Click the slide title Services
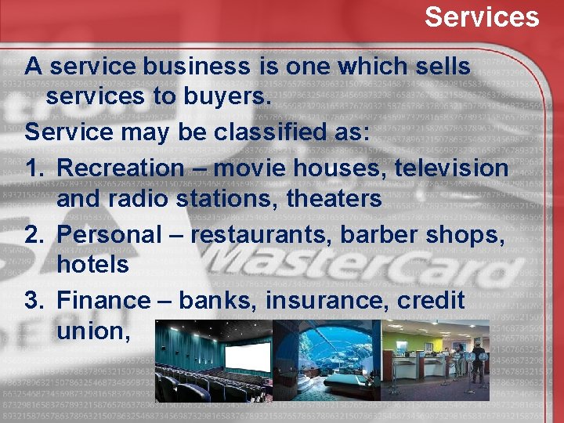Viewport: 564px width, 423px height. point(482,16)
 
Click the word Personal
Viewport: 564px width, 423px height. point(105,234)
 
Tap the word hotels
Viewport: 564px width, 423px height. point(92,265)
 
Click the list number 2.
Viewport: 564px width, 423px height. point(32,234)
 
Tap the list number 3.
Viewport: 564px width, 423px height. point(32,300)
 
